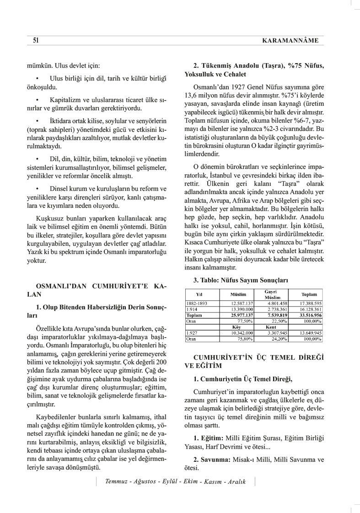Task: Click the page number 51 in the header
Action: [x=36, y=40]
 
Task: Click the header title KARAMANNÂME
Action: [x=290, y=41]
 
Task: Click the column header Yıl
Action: [x=199, y=294]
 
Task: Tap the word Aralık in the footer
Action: [x=236, y=481]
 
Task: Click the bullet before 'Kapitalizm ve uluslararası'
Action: [x=37, y=99]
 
